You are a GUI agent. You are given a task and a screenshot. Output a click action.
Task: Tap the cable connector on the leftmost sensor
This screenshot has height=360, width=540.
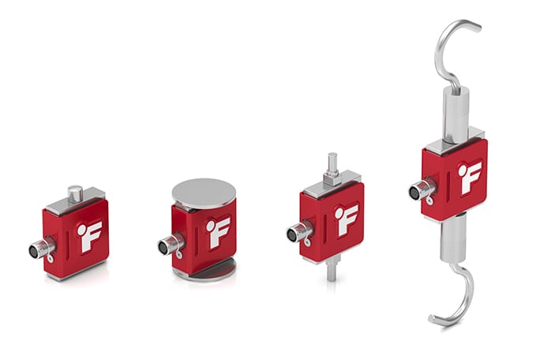pos(39,250)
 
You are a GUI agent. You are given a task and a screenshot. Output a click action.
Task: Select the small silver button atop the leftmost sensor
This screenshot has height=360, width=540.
pos(75,193)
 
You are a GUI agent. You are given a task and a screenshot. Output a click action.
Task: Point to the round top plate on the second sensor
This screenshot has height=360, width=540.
pos(204,193)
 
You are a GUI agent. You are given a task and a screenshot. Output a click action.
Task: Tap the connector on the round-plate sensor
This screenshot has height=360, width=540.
pos(168,246)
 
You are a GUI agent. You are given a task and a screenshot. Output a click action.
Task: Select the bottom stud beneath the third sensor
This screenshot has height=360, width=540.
pos(332,269)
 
